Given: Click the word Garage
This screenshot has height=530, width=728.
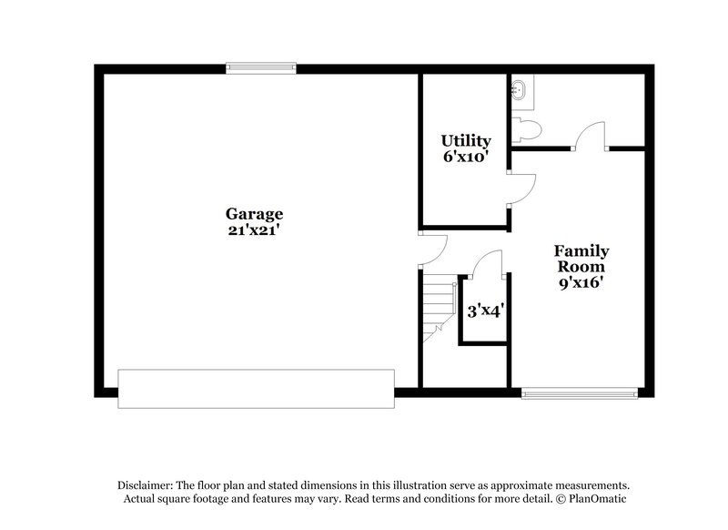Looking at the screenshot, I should pyautogui.click(x=255, y=214).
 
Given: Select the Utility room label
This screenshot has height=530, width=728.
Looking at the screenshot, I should pyautogui.click(x=466, y=141).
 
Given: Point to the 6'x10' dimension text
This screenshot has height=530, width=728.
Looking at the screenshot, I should pyautogui.click(x=466, y=157).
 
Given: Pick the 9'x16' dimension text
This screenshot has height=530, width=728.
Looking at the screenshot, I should pyautogui.click(x=581, y=282).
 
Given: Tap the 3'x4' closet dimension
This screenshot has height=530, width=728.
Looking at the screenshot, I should pyautogui.click(x=486, y=310).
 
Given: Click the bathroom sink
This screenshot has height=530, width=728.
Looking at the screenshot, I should pyautogui.click(x=520, y=89).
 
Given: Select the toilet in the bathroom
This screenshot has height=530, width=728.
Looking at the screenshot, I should pyautogui.click(x=521, y=128).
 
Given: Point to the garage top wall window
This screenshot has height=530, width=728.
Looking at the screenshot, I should pyautogui.click(x=261, y=66).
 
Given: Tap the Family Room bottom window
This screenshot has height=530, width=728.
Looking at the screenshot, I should pyautogui.click(x=579, y=393).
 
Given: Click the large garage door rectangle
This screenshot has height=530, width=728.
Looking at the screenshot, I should pyautogui.click(x=257, y=388).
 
